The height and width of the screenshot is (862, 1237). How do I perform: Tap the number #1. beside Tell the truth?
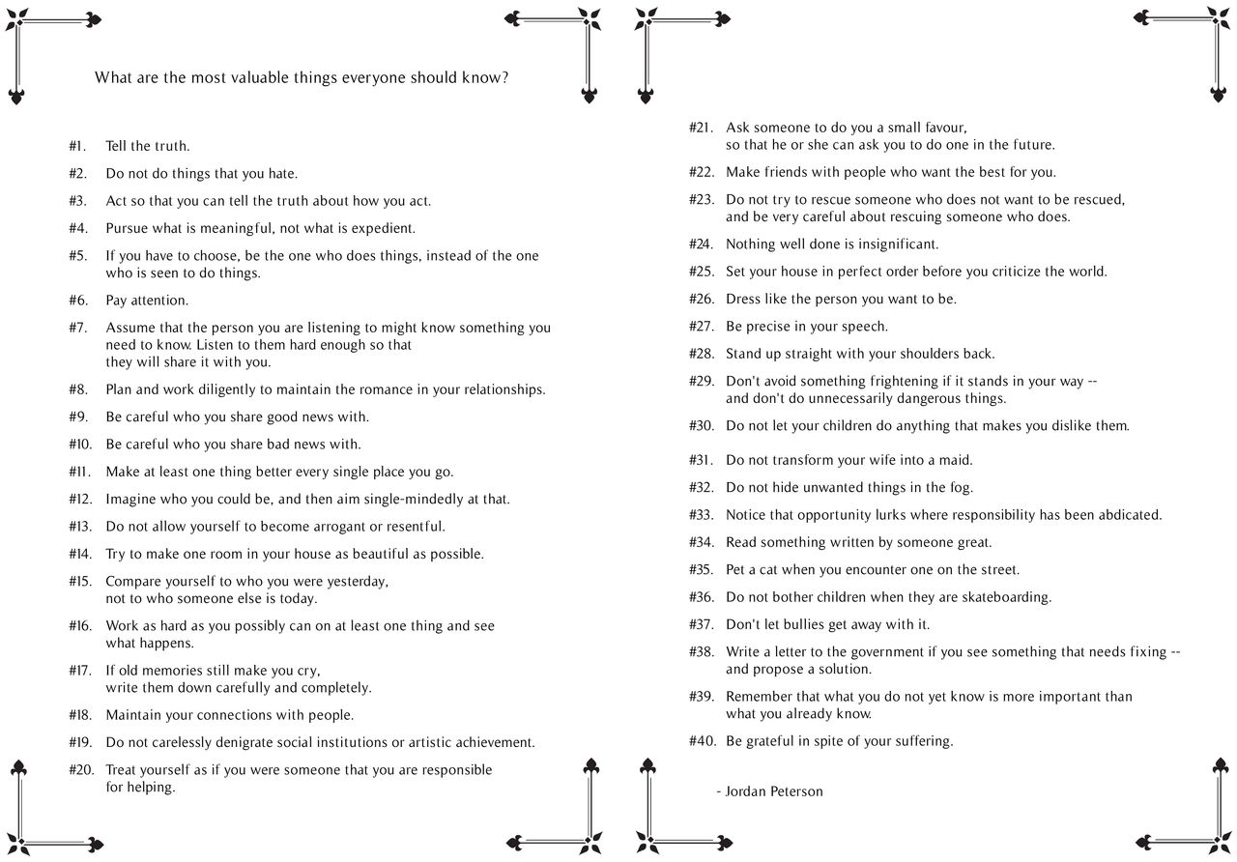coord(77,147)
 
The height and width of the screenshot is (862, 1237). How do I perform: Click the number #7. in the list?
coord(77,329)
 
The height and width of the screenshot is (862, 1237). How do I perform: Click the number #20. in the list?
coord(80,770)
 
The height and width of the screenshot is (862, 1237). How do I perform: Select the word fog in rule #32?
coord(961,488)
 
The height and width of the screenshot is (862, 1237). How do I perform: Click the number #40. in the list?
coord(702,742)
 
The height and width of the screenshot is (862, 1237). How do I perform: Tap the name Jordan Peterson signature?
coord(774,791)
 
